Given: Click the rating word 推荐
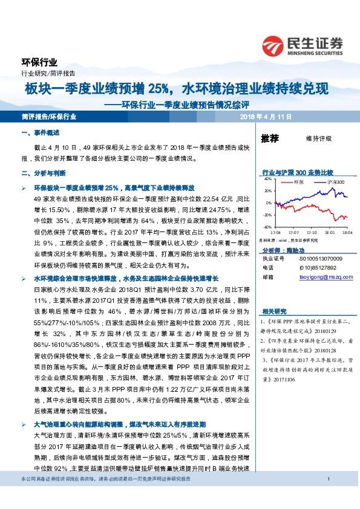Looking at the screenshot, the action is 270,138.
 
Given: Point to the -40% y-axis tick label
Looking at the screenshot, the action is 266,227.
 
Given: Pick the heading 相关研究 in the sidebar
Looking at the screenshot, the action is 274,311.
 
